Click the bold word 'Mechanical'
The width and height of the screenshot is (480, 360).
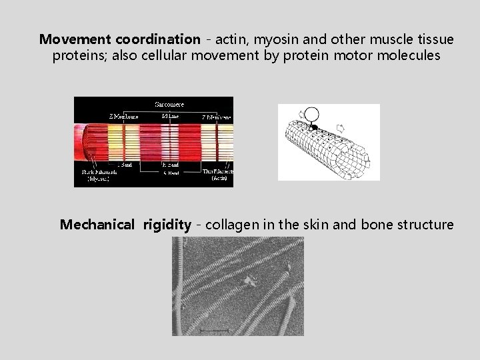click(97, 225)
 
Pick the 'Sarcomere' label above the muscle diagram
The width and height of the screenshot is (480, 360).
click(170, 104)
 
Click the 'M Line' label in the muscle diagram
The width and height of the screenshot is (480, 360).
click(170, 116)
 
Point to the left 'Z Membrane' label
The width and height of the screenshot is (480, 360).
click(125, 116)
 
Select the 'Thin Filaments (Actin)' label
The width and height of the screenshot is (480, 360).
click(219, 174)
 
